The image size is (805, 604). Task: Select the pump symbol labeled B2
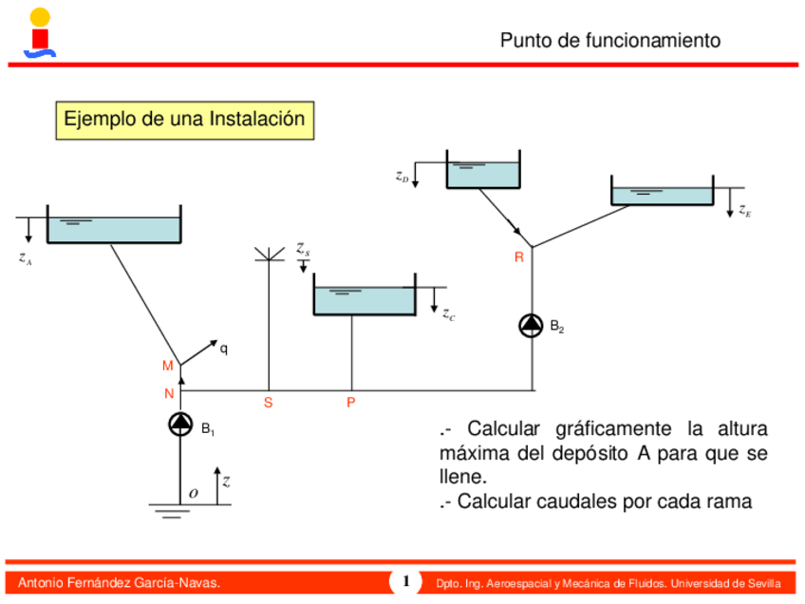click(531, 325)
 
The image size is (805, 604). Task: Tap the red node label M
click(167, 367)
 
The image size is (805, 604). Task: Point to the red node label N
click(168, 393)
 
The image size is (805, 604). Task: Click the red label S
click(269, 403)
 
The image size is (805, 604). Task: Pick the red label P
click(351, 403)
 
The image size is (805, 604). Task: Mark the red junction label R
click(519, 257)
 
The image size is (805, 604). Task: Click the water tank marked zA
click(113, 228)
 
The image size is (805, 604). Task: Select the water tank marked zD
click(483, 173)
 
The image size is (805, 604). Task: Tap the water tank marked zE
click(662, 194)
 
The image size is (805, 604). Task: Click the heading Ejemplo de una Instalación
click(184, 120)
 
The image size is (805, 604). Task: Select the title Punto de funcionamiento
click(609, 40)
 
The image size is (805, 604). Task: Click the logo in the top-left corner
click(39, 31)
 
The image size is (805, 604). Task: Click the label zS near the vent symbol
click(303, 249)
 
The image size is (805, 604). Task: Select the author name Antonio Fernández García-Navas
click(120, 582)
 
